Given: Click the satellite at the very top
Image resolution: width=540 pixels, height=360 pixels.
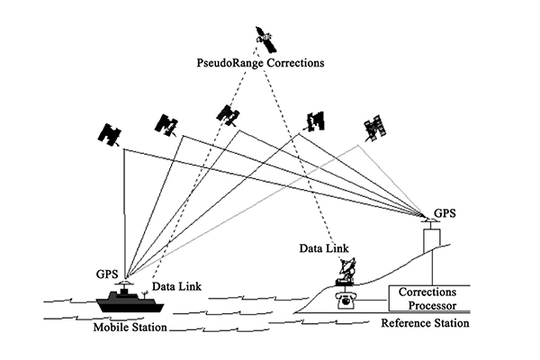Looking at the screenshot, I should click(264, 36).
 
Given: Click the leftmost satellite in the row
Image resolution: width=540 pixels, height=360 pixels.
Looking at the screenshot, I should click(109, 135).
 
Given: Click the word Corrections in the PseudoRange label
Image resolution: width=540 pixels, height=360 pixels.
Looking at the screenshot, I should click(293, 65).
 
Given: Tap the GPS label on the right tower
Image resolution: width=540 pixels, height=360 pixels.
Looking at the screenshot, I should click(444, 213).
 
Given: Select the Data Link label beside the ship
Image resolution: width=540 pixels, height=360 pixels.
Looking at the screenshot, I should click(176, 286).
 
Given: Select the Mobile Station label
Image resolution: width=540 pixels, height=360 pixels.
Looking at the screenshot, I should click(130, 326).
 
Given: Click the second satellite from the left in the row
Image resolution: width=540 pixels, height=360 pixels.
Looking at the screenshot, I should click(166, 124).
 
